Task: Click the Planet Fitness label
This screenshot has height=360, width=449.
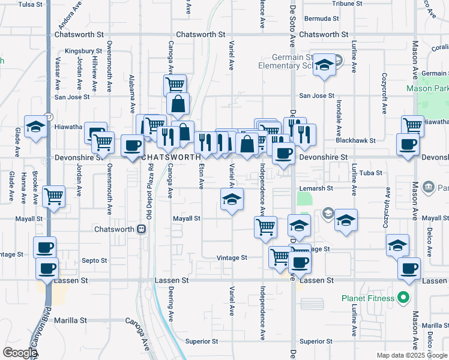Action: (367, 298)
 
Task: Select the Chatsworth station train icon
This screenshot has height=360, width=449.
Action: (141, 229)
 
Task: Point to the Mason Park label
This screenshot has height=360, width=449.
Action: (427, 88)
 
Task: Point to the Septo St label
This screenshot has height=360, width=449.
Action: (94, 261)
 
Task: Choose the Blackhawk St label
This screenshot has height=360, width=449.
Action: (355, 140)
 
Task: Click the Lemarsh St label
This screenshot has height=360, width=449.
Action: (317, 188)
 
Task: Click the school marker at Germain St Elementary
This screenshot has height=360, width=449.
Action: (325, 65)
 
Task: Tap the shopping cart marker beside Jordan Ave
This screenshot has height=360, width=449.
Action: (55, 196)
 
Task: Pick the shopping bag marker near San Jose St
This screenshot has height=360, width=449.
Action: (178, 104)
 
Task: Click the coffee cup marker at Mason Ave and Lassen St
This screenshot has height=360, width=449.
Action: (410, 269)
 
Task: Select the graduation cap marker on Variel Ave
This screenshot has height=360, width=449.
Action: (231, 199)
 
